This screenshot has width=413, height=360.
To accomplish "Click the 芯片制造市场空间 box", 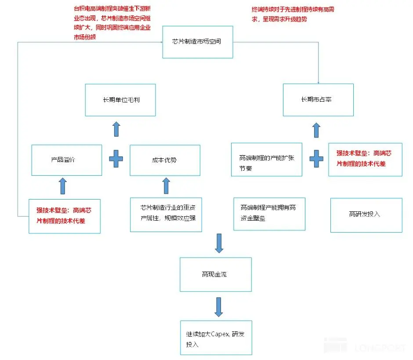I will click(197, 42).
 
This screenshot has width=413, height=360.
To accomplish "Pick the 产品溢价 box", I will click(66, 160).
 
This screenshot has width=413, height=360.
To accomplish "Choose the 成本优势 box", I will click(165, 160).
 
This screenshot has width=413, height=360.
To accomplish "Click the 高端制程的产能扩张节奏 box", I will click(267, 160).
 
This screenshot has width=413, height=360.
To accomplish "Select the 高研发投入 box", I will click(366, 215).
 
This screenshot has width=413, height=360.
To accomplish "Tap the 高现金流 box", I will click(216, 275).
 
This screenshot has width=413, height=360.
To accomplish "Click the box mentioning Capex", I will click(216, 338).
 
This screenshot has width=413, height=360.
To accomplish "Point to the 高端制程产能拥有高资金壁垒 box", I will click(269, 214).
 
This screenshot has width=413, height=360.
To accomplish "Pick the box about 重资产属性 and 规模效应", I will click(166, 215).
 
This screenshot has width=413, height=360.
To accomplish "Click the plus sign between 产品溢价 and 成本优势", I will click(116, 159).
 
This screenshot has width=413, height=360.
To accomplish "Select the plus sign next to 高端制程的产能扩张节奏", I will click(316, 159).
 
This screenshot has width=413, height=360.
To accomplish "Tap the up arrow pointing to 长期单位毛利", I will click(116, 129).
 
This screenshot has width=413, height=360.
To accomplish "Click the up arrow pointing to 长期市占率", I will click(316, 130).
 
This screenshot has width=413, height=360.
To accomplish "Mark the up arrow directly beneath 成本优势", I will click(166, 185).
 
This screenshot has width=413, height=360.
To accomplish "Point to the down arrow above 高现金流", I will click(219, 243).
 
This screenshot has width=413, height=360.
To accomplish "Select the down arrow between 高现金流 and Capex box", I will click(219, 307).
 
